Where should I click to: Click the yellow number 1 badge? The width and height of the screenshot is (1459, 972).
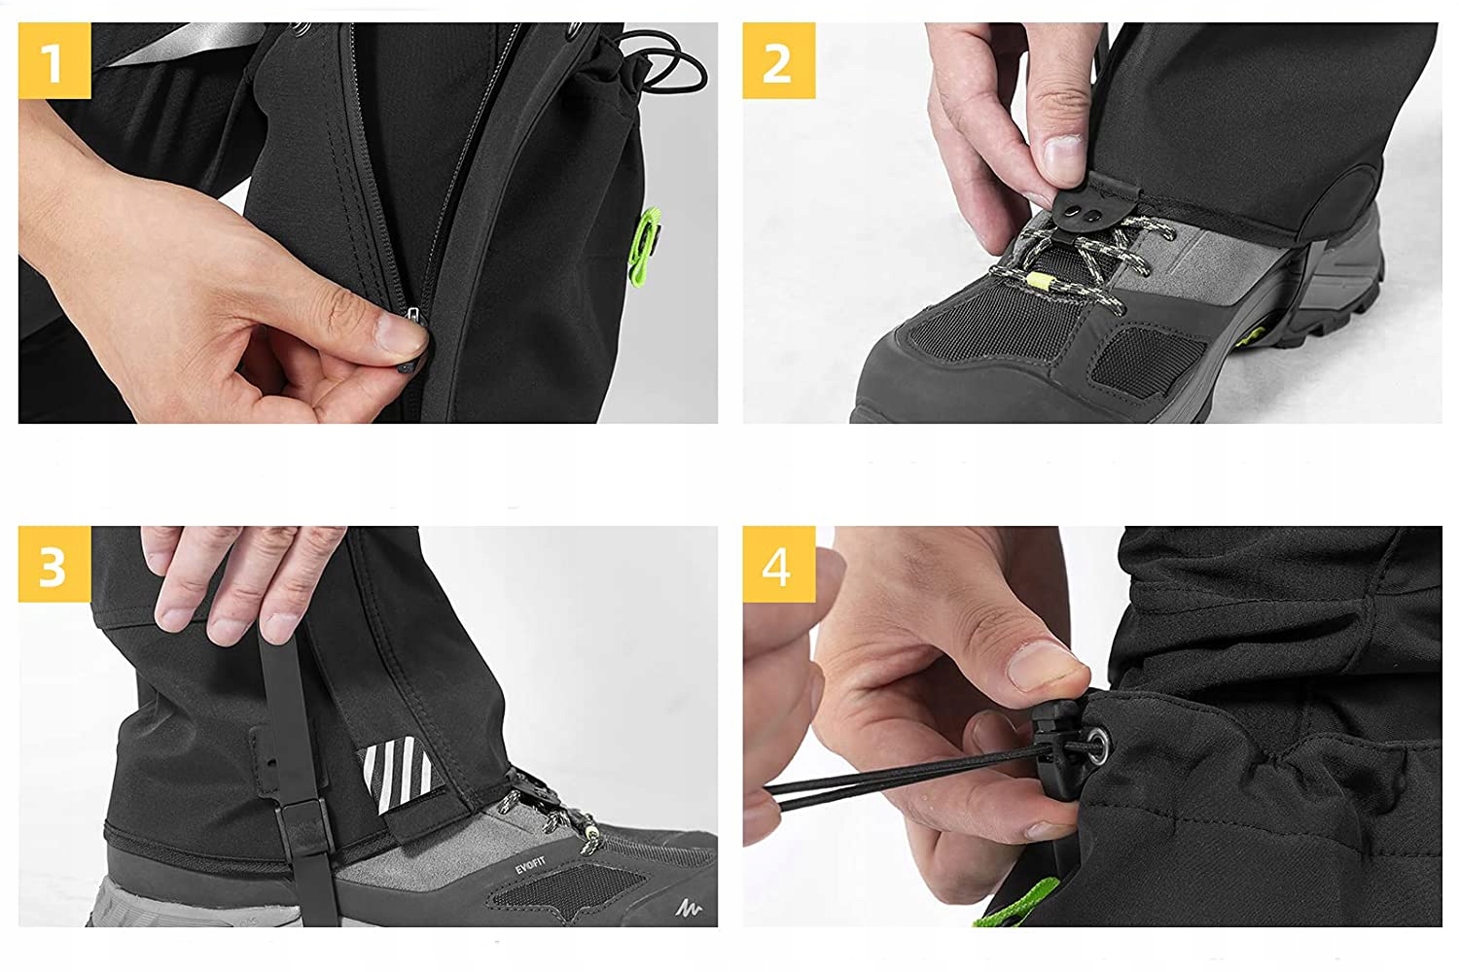(x=54, y=60)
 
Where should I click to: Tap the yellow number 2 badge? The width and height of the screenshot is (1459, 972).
(x=779, y=60)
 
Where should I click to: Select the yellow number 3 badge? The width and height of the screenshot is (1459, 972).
(x=54, y=564)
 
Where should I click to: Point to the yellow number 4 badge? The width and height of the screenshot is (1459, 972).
(x=779, y=564)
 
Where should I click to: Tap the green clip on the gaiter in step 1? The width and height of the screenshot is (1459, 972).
(x=645, y=241)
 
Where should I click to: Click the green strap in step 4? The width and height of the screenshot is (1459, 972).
(x=1018, y=902)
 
